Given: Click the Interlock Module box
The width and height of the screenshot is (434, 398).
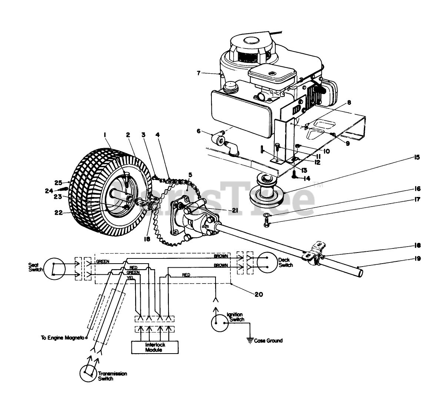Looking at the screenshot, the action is (x=155, y=347).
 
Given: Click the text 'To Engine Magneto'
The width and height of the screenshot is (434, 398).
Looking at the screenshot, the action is (x=63, y=338).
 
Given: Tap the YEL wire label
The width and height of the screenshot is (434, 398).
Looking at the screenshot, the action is (x=130, y=278).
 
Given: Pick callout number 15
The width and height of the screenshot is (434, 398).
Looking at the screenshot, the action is (x=417, y=157).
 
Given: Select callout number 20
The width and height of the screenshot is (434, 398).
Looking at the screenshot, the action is (x=259, y=294).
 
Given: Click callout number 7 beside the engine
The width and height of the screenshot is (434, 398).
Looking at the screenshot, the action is (x=198, y=73).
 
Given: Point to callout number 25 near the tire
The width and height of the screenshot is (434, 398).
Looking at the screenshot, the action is (x=58, y=183).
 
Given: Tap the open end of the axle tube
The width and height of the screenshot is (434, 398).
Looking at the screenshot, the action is (x=360, y=273).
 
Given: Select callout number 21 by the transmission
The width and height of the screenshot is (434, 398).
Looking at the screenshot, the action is (x=235, y=211).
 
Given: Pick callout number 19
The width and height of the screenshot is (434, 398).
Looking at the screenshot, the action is (x=417, y=258).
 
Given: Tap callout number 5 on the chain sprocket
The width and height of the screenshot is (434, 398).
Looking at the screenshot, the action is (x=190, y=175).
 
